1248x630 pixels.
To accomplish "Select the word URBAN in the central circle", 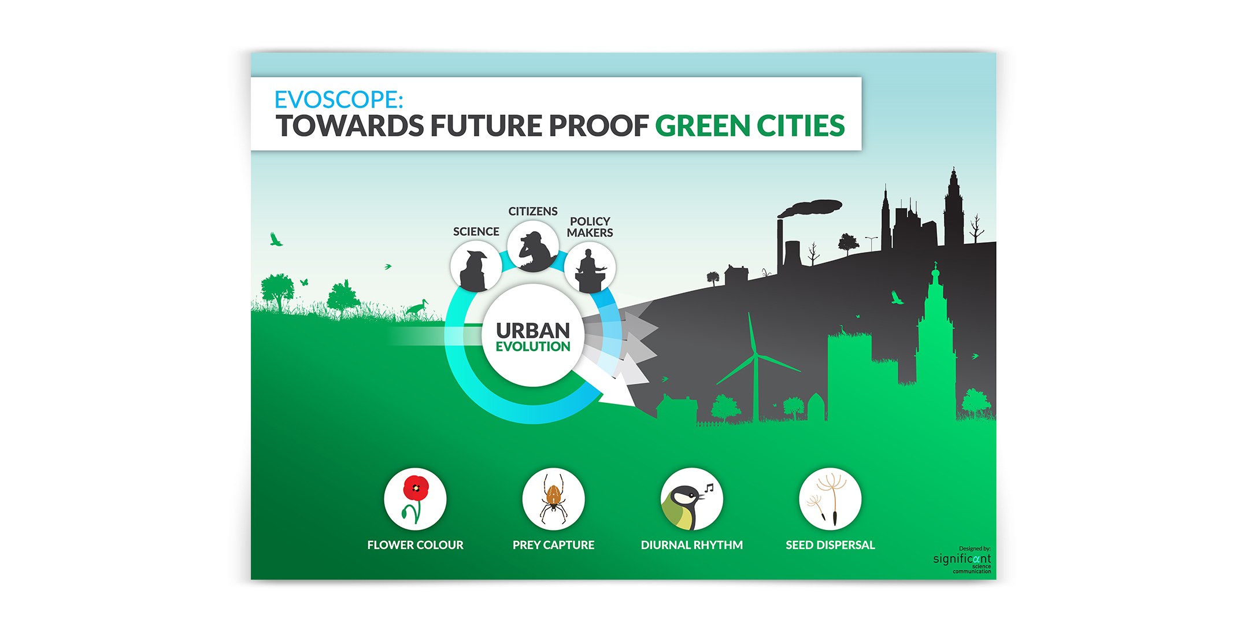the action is [533, 331].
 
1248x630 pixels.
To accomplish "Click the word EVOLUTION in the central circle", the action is [533, 347].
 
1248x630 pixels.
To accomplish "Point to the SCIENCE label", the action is [476, 232].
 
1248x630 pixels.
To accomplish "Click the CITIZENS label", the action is [533, 212].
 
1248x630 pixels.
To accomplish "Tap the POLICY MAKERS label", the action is [590, 227].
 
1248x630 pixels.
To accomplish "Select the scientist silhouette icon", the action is [476, 267].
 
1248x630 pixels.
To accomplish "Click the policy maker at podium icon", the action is [590, 268].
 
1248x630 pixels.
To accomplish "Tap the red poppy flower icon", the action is [415, 499].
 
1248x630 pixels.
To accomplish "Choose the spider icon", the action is [553, 499].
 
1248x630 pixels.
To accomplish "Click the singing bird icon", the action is [691, 499].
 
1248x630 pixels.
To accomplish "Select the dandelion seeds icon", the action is [830, 499].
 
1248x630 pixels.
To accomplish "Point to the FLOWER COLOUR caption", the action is [415, 545].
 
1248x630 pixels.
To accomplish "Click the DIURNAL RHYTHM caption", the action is [691, 545].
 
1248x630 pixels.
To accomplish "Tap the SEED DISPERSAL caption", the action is [830, 545].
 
